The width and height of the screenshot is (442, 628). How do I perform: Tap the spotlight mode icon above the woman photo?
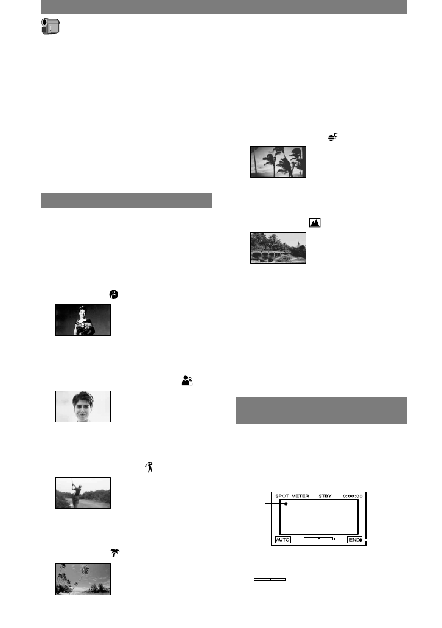click(113, 294)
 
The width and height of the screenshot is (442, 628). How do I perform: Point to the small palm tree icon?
click(113, 553)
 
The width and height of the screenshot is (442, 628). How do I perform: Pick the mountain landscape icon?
click(315, 223)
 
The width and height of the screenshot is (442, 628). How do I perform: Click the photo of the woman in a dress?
click(83, 320)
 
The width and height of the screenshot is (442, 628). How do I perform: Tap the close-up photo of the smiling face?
click(83, 406)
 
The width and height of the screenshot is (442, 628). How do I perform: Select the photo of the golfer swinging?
click(83, 493)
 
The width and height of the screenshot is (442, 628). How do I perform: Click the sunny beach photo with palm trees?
click(83, 579)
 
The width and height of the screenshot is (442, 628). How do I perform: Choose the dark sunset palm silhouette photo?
click(278, 162)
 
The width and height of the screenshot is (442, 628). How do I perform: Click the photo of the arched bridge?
click(278, 248)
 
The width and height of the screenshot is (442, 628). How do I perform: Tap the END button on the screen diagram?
click(354, 539)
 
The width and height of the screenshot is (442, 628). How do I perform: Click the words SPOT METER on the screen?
click(292, 497)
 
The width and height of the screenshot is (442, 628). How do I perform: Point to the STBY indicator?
click(324, 497)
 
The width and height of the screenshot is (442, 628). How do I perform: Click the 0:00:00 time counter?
click(353, 497)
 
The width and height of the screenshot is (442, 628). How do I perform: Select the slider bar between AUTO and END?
click(319, 539)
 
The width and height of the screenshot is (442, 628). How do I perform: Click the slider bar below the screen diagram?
click(270, 579)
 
